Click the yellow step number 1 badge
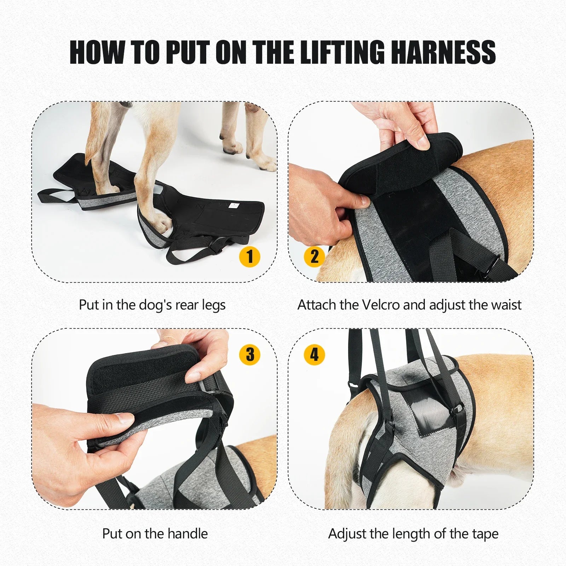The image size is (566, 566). point(250,256)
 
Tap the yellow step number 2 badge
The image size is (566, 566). point(314,256)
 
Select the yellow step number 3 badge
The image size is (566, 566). point(250,354)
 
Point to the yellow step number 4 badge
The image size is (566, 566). point(314,354)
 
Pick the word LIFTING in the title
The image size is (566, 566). point(342,52)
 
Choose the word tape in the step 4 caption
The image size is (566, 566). point(485,534)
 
